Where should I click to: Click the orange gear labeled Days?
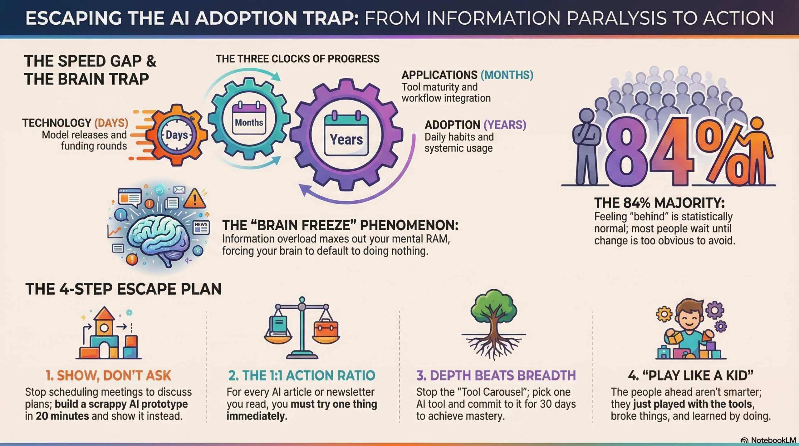click(177, 135)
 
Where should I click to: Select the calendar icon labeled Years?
click(346, 135)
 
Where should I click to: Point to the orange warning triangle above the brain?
click(195, 198)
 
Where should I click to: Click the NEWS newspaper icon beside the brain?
click(201, 227)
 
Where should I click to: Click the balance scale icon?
click(301, 328)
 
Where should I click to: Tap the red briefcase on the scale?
click(326, 330)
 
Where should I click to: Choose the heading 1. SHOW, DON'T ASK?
click(108, 375)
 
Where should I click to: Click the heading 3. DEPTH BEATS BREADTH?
click(496, 375)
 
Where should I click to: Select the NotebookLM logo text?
click(773, 440)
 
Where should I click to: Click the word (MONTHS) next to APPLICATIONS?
click(507, 75)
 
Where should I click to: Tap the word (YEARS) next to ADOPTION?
click(505, 125)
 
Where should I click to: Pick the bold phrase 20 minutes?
click(62, 416)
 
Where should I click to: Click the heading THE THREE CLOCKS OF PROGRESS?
click(297, 59)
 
